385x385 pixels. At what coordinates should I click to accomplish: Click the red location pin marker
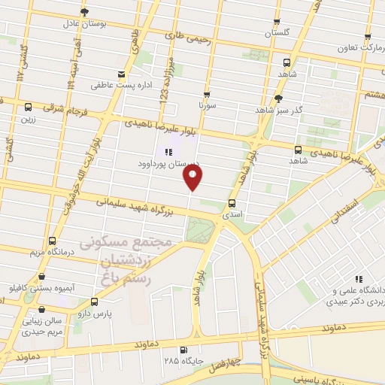point(193,177)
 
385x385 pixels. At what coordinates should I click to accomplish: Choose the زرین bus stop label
point(29,119)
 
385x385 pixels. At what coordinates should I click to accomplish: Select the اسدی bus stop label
point(231,214)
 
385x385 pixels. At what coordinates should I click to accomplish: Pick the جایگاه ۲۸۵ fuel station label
point(183,361)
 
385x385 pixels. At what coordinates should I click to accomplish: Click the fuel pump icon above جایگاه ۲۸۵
point(183,349)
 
